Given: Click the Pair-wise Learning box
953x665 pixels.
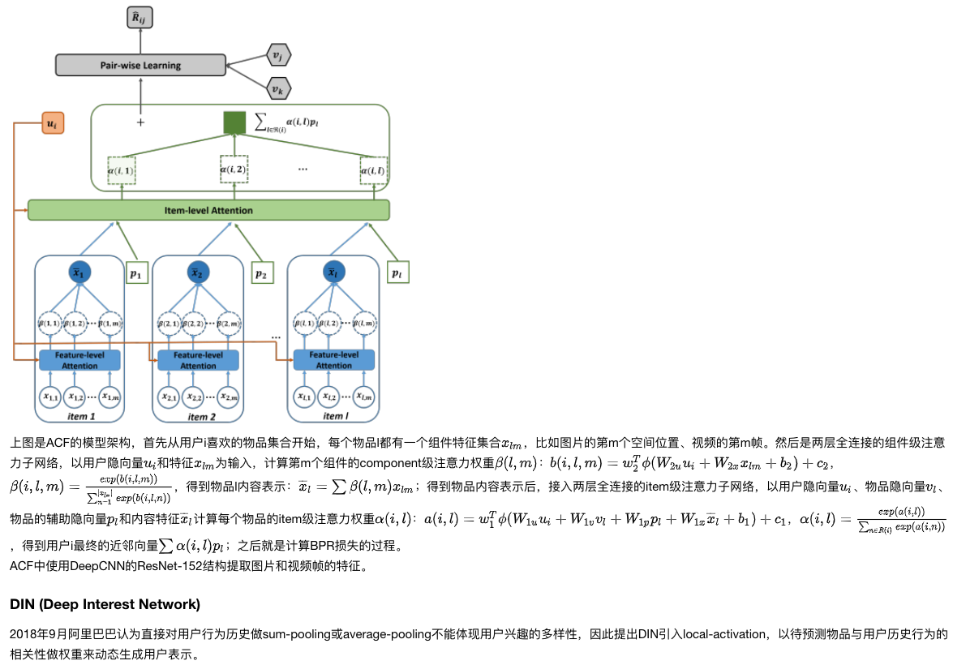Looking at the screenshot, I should [140, 65].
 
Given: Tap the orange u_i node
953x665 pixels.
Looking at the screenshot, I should [52, 124].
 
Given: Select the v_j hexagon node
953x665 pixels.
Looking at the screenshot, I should [278, 55].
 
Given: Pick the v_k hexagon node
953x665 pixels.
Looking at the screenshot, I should [278, 88].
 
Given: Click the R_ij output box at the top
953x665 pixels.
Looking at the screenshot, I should [140, 16].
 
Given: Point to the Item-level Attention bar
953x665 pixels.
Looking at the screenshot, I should [208, 210].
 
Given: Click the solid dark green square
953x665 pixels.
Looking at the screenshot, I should [234, 122].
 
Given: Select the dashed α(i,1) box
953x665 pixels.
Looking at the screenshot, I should [122, 171].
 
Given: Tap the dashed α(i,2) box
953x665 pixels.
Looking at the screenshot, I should [234, 169].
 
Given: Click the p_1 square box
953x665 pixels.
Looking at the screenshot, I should [135, 274].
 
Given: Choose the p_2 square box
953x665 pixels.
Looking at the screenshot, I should [260, 274].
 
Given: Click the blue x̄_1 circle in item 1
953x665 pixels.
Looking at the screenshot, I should [79, 273].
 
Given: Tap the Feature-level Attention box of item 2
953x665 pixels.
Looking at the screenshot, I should [199, 360].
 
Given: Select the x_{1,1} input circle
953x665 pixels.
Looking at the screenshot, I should [50, 397].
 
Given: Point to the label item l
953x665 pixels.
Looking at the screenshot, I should [333, 416].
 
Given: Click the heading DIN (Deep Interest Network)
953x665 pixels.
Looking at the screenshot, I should [105, 604].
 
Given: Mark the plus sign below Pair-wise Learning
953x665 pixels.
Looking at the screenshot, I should [140, 122].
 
